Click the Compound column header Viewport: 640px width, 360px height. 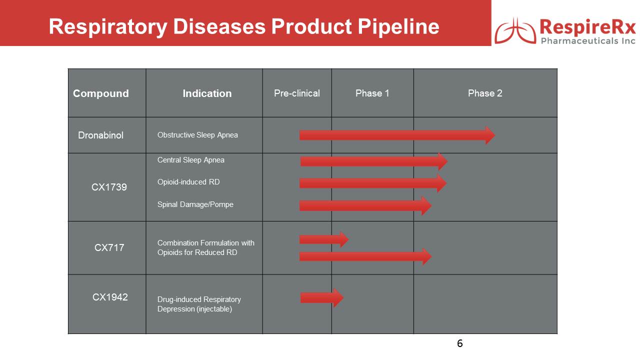click(101, 93)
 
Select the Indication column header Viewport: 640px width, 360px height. click(207, 93)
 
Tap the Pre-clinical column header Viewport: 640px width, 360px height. click(297, 93)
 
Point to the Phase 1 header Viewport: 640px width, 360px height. click(372, 93)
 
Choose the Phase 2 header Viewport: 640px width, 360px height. click(485, 93)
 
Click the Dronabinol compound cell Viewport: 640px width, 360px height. click(101, 135)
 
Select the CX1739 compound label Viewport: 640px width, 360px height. click(109, 187)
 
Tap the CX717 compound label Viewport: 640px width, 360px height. click(109, 247)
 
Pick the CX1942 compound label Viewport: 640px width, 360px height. click(110, 297)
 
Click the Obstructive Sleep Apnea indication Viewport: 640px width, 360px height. click(197, 135)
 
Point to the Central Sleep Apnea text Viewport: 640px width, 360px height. click(191, 160)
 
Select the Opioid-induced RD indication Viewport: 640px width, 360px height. click(188, 182)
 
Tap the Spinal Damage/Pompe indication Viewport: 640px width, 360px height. click(195, 204)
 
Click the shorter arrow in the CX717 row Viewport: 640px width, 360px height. click(323, 239)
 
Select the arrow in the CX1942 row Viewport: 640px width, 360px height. click(321, 298)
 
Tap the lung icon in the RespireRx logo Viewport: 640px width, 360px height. click(515, 32)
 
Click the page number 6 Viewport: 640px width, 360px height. click(459, 343)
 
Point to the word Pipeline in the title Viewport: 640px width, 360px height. click(398, 27)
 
